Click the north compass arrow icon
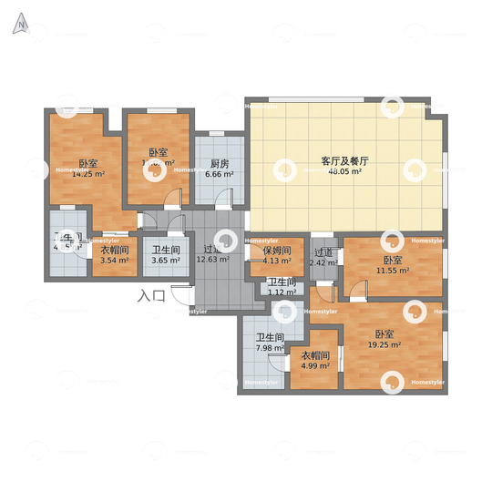coord(19,25)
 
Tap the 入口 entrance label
coord(151,295)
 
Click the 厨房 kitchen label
coord(219,164)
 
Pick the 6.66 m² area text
coord(219,174)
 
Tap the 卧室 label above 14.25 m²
coord(87,163)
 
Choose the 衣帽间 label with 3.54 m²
coord(114,250)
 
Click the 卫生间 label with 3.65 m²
coord(166,250)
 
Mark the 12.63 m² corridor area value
coord(214,260)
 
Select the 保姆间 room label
coord(276,251)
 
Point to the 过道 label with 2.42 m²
coord(323,252)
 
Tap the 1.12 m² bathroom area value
coord(282,292)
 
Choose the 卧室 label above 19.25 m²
coord(384,334)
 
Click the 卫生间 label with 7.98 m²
coord(270,337)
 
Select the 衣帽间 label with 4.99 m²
coord(315,356)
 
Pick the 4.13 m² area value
coord(276,261)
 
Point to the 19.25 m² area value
coord(384,345)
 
